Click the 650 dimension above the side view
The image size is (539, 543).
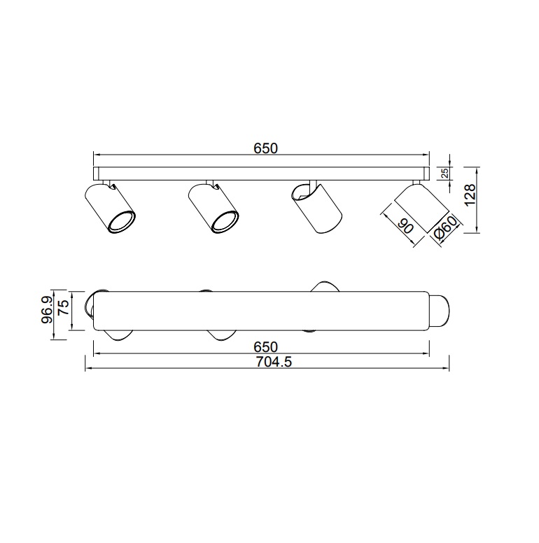266,148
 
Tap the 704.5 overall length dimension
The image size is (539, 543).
274,362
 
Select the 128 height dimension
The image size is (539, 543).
470,195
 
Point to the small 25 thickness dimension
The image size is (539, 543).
445,173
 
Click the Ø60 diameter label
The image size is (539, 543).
445,229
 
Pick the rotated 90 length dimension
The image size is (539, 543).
406,227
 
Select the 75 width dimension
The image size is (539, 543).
63,307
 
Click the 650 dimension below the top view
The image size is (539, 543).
266,347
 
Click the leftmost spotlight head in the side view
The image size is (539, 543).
109,207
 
